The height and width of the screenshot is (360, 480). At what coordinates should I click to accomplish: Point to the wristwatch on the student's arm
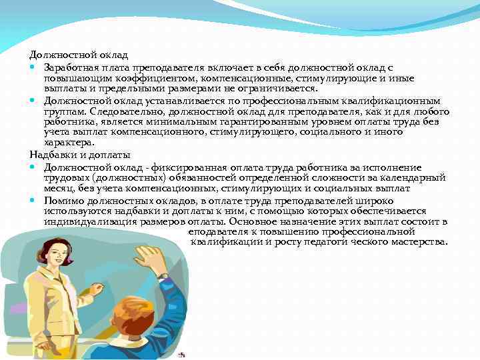click(162, 275)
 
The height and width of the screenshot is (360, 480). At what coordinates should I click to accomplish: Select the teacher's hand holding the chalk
click(98, 289)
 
